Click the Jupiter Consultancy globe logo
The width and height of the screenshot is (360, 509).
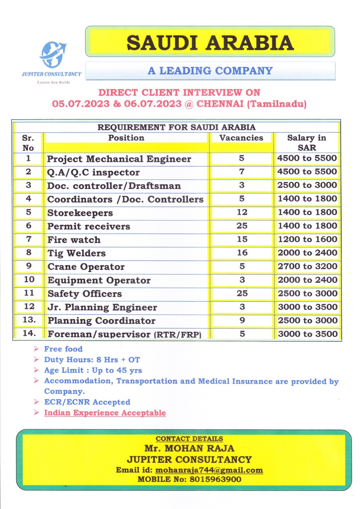53,55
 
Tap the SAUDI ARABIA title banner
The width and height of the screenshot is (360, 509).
210,43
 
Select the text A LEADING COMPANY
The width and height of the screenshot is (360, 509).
210,71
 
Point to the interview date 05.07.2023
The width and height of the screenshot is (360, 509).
81,104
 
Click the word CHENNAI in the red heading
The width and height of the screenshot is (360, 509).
220,104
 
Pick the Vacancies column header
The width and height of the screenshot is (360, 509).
241,138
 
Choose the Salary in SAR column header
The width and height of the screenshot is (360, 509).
307,143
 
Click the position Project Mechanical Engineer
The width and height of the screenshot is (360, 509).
119,159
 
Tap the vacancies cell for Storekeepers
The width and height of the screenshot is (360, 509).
242,212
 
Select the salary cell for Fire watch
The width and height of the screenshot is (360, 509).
307,239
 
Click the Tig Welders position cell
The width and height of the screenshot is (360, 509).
76,253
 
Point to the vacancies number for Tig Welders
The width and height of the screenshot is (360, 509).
242,253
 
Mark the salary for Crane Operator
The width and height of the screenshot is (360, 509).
307,266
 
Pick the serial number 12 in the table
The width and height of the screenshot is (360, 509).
29,306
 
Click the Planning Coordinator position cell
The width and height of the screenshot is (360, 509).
102,321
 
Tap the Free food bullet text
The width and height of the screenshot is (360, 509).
63,349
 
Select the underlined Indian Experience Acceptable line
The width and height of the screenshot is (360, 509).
105,413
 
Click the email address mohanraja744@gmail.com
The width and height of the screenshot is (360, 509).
209,470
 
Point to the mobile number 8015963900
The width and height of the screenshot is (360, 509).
215,479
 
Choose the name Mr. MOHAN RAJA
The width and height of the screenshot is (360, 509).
189,449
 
